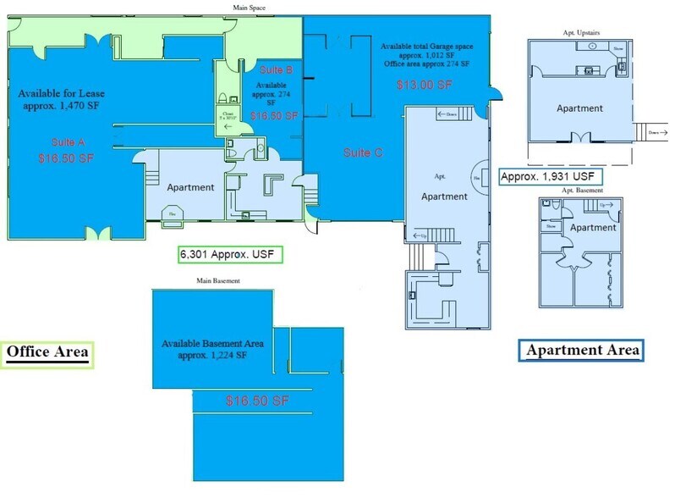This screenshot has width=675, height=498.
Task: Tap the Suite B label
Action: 272,69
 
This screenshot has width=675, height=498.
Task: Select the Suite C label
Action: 363,153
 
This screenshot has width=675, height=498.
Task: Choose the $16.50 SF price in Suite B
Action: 274,114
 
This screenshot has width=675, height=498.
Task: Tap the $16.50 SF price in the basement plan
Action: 259,399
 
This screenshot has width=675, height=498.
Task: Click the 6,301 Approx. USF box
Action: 228,253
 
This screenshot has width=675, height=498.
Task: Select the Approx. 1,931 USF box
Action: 550,177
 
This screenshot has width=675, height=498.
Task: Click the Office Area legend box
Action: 47,352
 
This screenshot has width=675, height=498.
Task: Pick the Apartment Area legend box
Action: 582,350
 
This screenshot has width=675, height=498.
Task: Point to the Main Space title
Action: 250,7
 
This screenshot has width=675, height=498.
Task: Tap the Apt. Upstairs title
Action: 579,32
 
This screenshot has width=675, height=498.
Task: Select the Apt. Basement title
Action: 579,191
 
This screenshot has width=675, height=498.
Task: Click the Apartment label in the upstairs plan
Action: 579,108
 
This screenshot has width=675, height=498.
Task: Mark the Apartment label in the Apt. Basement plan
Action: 593,228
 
